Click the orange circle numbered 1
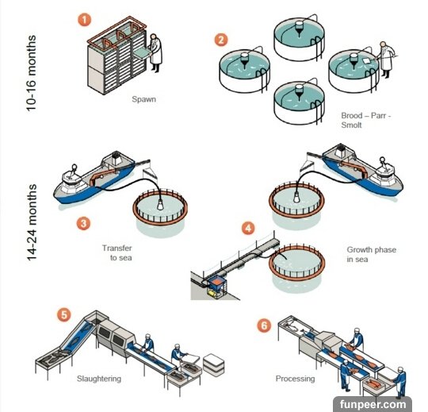[84, 20]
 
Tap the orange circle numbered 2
[221, 40]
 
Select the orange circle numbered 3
[83, 223]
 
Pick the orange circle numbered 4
[248, 228]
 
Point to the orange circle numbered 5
[64, 314]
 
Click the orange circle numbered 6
[264, 325]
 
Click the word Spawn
[143, 99]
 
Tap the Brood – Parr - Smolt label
[366, 121]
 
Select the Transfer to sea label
[117, 253]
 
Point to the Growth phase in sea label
[371, 254]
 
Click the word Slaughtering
[99, 379]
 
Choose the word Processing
[295, 379]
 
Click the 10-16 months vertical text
[32, 73]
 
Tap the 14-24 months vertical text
[32, 222]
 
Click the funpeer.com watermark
[373, 404]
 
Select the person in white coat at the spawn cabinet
[155, 52]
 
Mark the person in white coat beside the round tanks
[386, 60]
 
